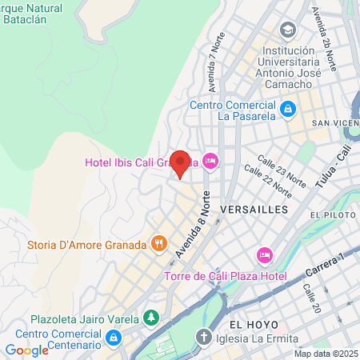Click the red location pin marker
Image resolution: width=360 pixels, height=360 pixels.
[181, 163]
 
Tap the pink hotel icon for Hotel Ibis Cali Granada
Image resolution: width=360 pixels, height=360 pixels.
[211, 162]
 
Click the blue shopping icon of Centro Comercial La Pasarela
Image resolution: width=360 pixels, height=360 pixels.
[287, 106]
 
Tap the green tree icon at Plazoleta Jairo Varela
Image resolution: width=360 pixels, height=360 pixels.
[150, 318]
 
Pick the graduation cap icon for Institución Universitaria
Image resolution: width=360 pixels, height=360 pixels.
[287, 30]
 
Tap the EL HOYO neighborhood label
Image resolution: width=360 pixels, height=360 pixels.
[253, 324]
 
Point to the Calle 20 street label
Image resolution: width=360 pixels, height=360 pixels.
[310, 301]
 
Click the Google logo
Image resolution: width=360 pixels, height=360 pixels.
[27, 350]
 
